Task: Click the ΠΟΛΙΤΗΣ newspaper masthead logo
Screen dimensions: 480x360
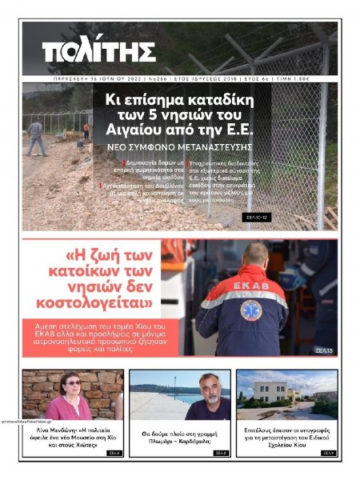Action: [99, 52]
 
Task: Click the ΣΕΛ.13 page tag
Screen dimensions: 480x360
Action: [324, 350]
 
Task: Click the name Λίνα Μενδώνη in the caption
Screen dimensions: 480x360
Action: [52, 430]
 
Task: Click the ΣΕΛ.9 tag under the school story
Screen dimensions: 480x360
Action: [326, 453]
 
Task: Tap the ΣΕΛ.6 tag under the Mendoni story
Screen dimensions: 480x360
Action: [114, 453]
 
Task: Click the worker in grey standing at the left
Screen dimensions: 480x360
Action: [35, 136]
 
